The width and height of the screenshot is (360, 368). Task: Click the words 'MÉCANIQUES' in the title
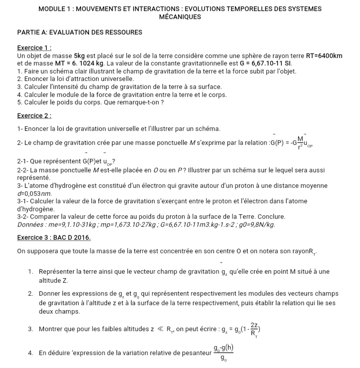pyautogui.click(x=179, y=17)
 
